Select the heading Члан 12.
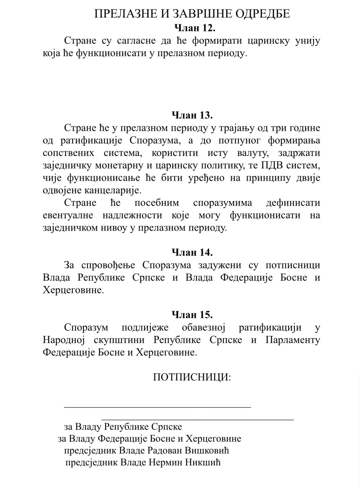tap(195, 28)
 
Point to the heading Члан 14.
tap(192, 252)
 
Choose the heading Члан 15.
tap(192, 315)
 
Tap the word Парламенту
tap(293, 340)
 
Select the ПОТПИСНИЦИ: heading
tap(192, 377)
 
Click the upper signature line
tap(157, 406)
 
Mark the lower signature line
tap(197, 420)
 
